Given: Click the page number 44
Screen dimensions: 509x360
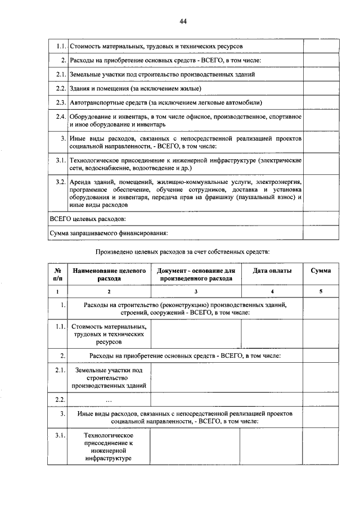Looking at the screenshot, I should (183, 21).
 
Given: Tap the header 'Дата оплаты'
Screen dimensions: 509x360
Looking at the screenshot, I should (272, 271).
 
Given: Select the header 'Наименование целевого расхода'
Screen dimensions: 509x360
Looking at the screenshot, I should (109, 274).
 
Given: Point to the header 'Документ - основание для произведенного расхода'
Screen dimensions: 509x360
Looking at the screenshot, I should (196, 274).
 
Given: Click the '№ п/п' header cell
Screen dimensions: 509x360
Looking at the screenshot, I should (57, 274).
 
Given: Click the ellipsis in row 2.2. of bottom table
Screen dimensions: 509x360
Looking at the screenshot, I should (109, 399).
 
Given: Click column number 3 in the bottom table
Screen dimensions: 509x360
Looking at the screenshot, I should (196, 292).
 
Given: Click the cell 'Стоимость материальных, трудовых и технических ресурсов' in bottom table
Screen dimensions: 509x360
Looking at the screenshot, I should (109, 334).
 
